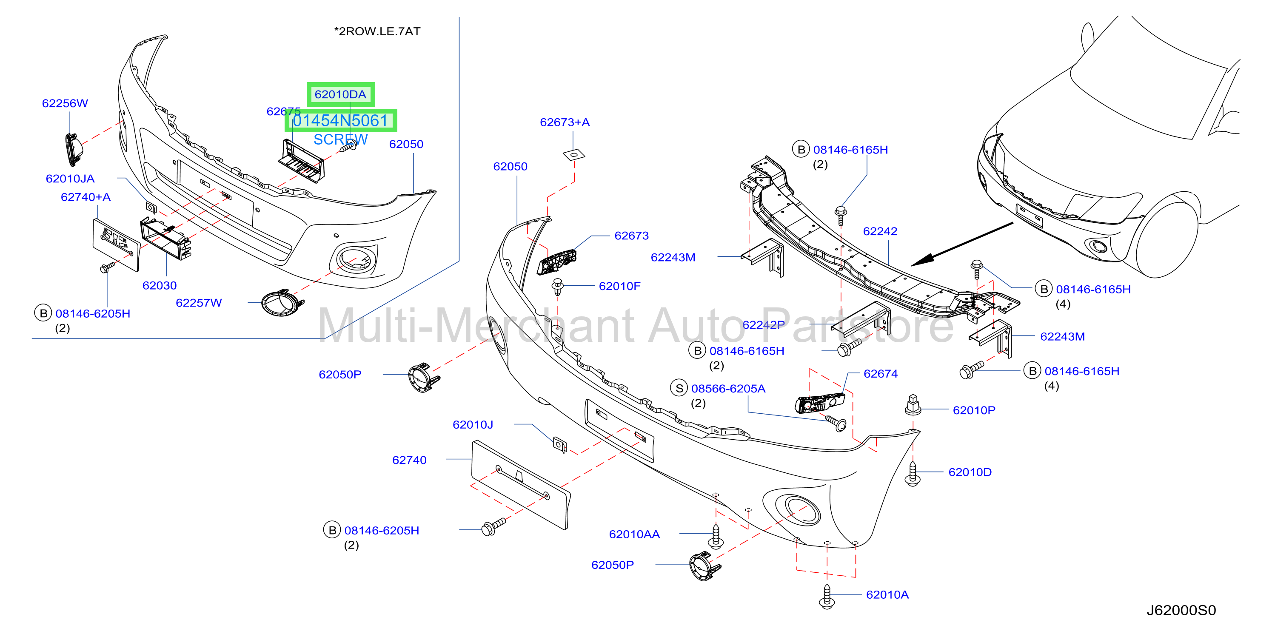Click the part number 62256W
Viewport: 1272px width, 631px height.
(65, 103)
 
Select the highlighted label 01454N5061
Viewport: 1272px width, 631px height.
(341, 120)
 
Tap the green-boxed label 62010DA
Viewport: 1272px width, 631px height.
(341, 94)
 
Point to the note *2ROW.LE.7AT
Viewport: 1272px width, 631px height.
(377, 31)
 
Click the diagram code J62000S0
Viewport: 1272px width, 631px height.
(1181, 611)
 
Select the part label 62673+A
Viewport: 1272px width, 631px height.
(565, 122)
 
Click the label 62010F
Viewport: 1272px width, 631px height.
(619, 286)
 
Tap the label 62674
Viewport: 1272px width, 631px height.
(881, 374)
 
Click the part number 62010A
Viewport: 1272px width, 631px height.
(887, 595)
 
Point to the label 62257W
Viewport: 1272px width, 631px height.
(199, 303)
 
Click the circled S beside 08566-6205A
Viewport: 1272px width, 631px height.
(679, 388)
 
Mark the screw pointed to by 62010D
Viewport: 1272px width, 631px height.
(913, 474)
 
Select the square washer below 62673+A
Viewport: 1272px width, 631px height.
(574, 155)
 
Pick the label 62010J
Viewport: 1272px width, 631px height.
(473, 425)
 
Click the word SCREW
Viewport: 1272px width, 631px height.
(341, 139)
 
